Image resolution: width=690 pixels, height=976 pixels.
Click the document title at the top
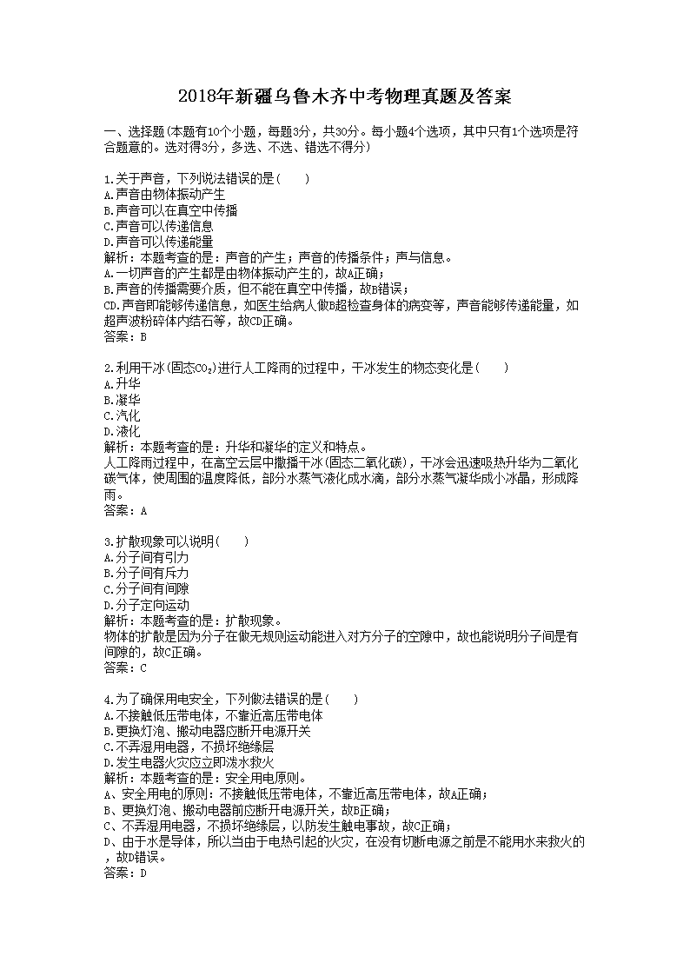344,96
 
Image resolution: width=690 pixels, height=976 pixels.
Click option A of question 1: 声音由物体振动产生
164,194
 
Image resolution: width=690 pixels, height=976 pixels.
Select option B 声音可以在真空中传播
170,209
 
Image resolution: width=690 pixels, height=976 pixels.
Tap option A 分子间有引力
146,557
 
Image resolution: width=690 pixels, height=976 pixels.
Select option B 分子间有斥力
146,573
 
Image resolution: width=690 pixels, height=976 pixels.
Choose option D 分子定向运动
146,604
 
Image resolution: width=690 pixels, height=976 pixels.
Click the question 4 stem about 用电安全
229,699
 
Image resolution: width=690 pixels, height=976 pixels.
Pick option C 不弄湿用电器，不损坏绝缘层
189,746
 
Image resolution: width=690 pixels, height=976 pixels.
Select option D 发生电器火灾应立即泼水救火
189,762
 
